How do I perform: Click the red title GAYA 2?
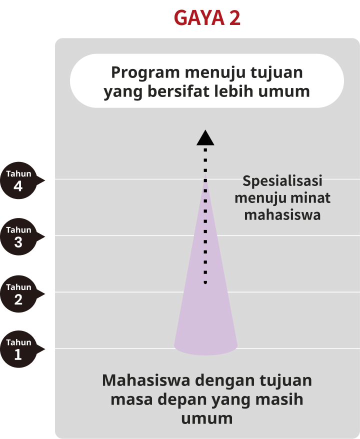click(x=207, y=18)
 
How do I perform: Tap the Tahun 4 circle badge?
click(x=18, y=180)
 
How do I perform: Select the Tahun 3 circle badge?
click(x=18, y=237)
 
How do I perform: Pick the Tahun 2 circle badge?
click(x=18, y=294)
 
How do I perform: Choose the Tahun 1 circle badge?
click(x=18, y=349)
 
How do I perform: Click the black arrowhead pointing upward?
click(x=205, y=138)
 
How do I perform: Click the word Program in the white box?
click(x=145, y=73)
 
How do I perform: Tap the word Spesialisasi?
click(x=282, y=181)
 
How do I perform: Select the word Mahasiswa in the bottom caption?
click(x=145, y=380)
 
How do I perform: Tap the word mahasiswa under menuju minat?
click(x=282, y=215)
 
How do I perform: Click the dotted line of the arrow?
click(x=205, y=225)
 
